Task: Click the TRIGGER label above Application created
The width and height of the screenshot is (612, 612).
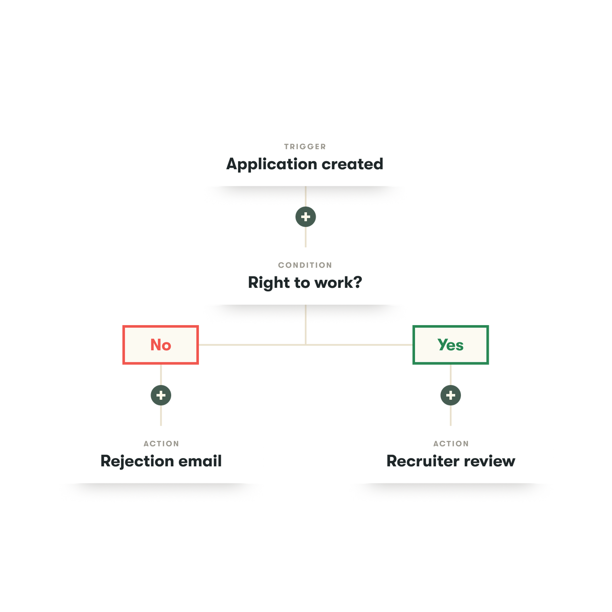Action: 305,147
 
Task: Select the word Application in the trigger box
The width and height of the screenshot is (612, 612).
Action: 272,164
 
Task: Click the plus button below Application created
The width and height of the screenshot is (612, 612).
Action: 306,217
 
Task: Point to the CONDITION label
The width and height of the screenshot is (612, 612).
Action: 305,265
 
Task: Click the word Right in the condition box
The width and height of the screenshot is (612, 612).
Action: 269,283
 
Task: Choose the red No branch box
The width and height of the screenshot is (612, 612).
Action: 161,345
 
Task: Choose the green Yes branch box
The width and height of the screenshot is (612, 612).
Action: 450,345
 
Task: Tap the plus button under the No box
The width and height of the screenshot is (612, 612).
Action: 161,395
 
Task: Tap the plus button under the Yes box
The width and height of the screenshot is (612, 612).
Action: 450,395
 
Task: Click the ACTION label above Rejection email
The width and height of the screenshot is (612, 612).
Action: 161,444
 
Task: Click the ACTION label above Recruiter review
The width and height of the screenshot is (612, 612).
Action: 451,444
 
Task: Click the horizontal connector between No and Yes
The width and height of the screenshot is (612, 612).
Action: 249,345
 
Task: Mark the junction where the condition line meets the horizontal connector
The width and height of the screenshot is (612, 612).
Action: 306,344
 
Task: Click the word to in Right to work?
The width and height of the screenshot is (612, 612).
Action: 302,283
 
